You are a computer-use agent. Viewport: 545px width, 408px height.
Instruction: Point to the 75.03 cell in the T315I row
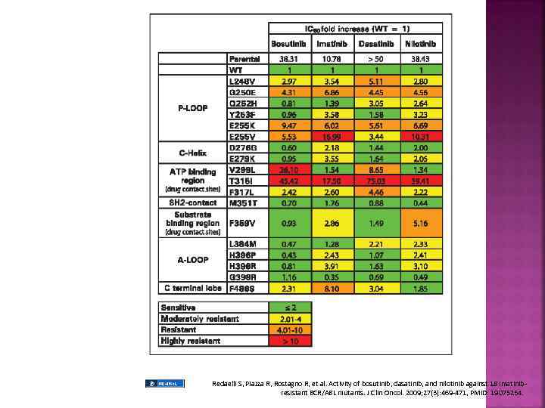(x=375, y=181)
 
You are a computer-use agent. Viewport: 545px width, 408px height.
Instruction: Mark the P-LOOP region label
(x=192, y=108)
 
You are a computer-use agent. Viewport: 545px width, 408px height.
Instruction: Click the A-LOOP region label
(x=192, y=260)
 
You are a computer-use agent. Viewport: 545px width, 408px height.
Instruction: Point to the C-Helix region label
(x=192, y=153)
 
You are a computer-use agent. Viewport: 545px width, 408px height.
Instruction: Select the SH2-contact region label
(x=192, y=202)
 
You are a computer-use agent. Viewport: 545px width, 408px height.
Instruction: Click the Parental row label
(x=244, y=59)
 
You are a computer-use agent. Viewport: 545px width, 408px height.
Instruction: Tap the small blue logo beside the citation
(x=164, y=384)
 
